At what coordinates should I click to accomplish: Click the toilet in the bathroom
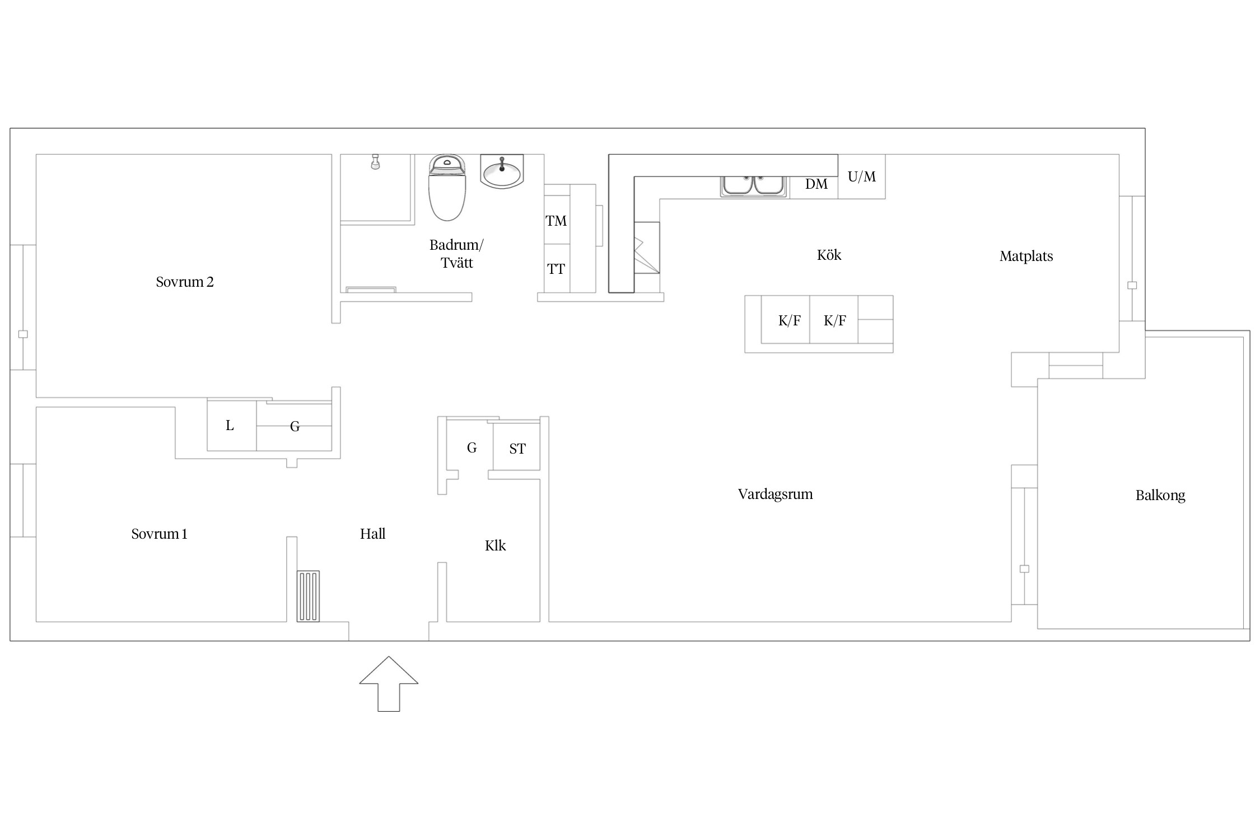pos(447,188)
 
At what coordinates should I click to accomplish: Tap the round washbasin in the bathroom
pos(502,171)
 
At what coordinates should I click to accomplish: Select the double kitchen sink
pos(754,185)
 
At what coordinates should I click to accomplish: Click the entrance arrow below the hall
pos(389,684)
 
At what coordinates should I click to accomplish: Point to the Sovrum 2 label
pos(185,282)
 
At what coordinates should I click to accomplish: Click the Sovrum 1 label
pos(159,534)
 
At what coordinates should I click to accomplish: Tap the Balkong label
pos(1160,496)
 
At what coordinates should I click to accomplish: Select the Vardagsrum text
pos(775,494)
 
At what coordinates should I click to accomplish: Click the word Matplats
pos(1026,256)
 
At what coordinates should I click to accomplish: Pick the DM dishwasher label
pos(816,184)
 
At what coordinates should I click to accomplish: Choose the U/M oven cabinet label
pos(861,177)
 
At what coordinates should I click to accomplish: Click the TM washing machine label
pos(556,221)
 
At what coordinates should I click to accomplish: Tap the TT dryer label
pos(556,269)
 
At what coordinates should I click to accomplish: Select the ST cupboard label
pos(517,449)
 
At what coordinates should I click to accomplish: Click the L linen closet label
pos(230,426)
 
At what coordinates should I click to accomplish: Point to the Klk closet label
pos(495,545)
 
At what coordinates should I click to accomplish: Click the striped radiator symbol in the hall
pos(308,596)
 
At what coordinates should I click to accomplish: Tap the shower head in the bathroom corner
pos(375,162)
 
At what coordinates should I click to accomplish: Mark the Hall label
pos(372,534)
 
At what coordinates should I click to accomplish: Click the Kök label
pos(829,255)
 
